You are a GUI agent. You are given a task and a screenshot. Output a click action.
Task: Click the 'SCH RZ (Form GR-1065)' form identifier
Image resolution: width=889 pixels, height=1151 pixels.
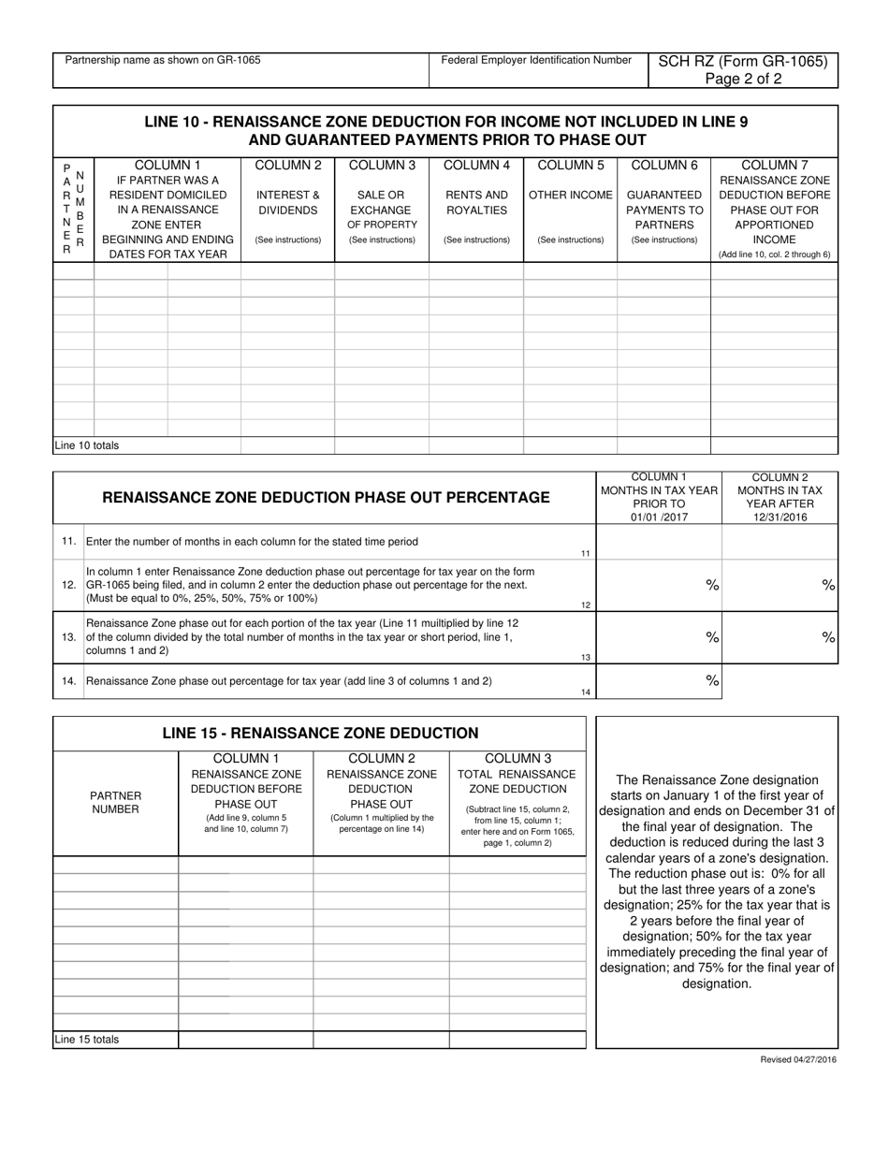tap(743, 62)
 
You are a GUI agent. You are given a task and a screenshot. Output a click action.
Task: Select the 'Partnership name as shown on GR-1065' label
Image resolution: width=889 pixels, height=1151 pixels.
tap(163, 61)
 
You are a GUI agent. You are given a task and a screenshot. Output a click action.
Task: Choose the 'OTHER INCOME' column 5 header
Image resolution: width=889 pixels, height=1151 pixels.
tap(570, 195)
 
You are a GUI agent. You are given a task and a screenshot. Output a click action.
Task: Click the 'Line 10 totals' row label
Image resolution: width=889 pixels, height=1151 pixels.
tap(86, 445)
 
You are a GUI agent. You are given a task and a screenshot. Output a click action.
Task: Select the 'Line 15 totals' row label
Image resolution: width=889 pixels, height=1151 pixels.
tap(86, 1039)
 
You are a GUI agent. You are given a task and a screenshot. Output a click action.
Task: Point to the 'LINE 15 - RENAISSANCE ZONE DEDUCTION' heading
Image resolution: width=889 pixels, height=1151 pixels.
tap(320, 733)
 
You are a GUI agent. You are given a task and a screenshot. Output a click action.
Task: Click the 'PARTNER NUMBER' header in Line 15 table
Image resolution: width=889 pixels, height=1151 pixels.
tap(115, 802)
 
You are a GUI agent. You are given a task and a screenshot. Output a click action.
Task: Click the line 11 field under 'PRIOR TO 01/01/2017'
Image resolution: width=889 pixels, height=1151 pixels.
tap(659, 542)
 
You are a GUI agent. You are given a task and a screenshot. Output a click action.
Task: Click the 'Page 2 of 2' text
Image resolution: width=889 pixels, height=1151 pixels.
tap(743, 80)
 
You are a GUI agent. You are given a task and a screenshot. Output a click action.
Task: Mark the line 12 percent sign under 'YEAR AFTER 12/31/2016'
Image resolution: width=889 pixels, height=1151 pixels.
tap(827, 585)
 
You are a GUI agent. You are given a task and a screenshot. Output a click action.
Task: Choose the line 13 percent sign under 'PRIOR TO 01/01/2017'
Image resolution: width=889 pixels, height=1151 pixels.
tap(711, 636)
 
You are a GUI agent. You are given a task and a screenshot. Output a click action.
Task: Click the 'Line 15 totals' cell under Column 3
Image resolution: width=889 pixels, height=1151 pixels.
tap(517, 1039)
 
